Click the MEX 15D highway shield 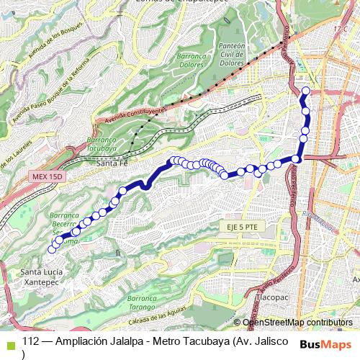pos(48,176)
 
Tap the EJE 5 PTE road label pos(240,226)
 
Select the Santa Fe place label pos(112,163)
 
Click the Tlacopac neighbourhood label pos(272,296)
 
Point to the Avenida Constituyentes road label pos(135,112)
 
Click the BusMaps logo pos(327,343)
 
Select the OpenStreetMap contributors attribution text pos(297,323)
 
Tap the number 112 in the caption pos(31,341)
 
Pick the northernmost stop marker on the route pos(305,91)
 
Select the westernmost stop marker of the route pos(51,250)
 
